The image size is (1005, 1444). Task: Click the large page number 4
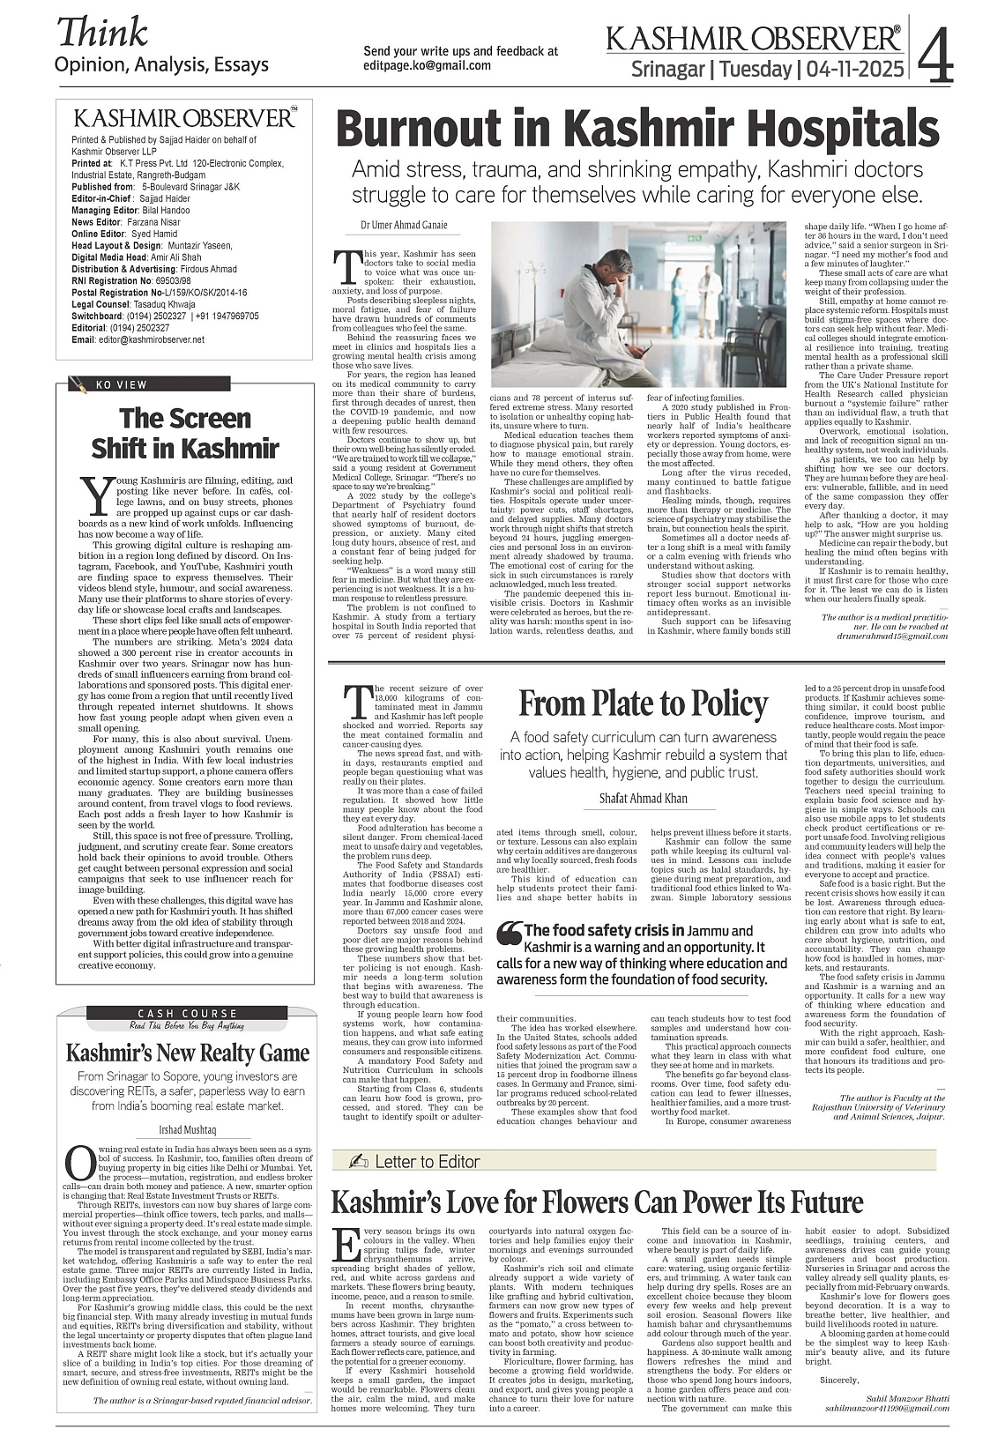click(935, 55)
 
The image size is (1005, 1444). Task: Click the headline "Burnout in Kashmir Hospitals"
click(637, 129)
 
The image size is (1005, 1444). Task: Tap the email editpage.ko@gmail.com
click(428, 65)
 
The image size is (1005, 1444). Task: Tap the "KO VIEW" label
click(122, 384)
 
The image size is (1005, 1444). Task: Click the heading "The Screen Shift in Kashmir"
click(185, 432)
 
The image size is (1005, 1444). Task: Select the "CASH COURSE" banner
click(187, 1013)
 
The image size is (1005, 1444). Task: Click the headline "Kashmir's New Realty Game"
click(188, 1053)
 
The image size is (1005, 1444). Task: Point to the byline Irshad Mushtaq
click(187, 1129)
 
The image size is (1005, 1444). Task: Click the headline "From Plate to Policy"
click(643, 703)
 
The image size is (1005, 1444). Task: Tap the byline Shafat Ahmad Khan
click(643, 798)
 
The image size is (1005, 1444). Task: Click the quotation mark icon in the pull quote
click(509, 931)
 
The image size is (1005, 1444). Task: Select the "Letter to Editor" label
click(427, 1161)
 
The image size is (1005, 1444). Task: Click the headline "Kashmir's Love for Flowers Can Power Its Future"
click(597, 1202)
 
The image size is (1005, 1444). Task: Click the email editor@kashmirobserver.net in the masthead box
click(151, 339)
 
